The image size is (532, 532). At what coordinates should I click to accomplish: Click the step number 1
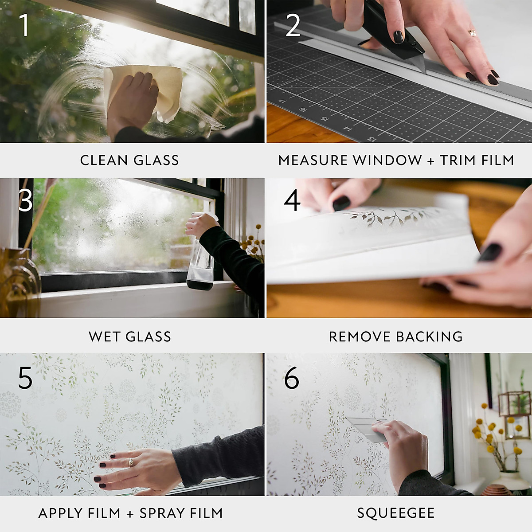pos(24,25)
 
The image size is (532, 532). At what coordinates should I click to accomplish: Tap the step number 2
pos(293,25)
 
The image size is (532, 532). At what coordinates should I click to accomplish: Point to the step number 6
pos(292,378)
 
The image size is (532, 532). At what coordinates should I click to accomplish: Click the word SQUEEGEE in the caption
pos(395,513)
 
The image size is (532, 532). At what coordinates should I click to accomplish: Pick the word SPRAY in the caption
pos(159,513)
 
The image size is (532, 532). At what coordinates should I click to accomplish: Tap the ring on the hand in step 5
pos(131,462)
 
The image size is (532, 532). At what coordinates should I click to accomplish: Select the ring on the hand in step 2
pos(473,33)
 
